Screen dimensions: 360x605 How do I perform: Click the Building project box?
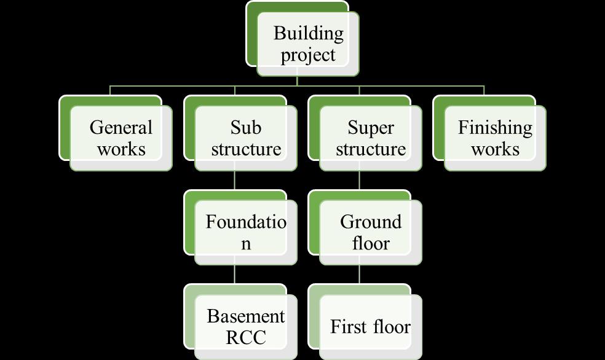point(307,44)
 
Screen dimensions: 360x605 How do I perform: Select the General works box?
point(121,138)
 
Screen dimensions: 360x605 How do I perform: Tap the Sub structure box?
point(246,138)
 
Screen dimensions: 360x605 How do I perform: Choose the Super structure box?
point(371,138)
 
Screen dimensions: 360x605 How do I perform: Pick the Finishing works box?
point(495,138)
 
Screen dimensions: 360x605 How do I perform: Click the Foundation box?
point(246,233)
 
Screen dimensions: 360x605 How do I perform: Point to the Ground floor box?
point(371,233)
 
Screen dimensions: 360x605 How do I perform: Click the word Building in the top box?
point(308,33)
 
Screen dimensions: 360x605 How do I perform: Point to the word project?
point(308,55)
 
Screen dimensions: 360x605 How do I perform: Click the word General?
point(121,127)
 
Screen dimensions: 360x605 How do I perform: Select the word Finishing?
point(495,127)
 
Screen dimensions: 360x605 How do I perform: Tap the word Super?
point(371,127)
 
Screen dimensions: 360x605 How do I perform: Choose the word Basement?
point(246,316)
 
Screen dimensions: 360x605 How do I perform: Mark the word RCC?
point(246,338)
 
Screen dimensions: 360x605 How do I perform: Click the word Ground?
point(371,222)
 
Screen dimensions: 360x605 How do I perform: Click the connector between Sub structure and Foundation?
point(235,181)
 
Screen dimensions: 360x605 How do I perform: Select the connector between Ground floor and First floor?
point(359,275)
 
